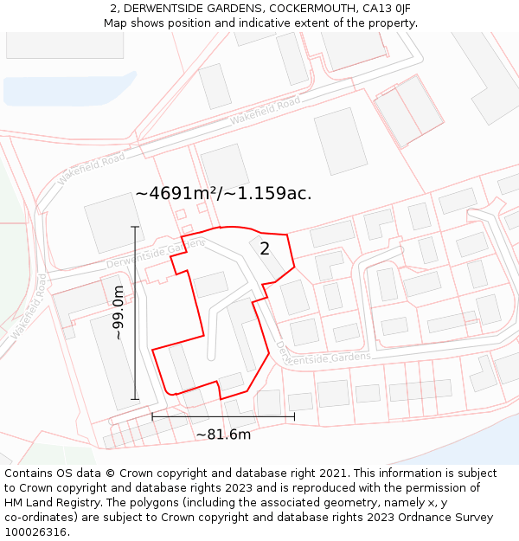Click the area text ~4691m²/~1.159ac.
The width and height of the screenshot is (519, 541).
coord(223,193)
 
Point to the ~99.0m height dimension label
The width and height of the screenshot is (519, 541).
coord(119,312)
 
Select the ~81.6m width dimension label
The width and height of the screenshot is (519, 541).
coord(223,435)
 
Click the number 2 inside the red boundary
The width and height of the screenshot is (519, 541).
coord(265,248)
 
